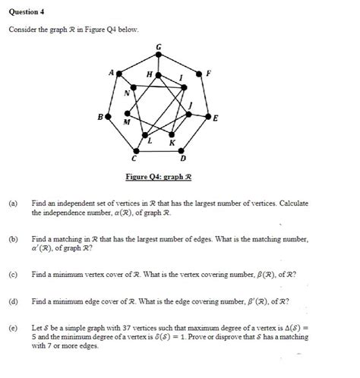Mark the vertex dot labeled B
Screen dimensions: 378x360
[107, 118]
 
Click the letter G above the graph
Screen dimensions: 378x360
[158, 48]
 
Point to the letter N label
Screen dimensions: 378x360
[127, 93]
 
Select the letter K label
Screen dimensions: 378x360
[172, 143]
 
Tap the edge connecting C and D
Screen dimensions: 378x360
[158, 152]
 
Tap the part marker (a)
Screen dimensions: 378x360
[13, 204]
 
